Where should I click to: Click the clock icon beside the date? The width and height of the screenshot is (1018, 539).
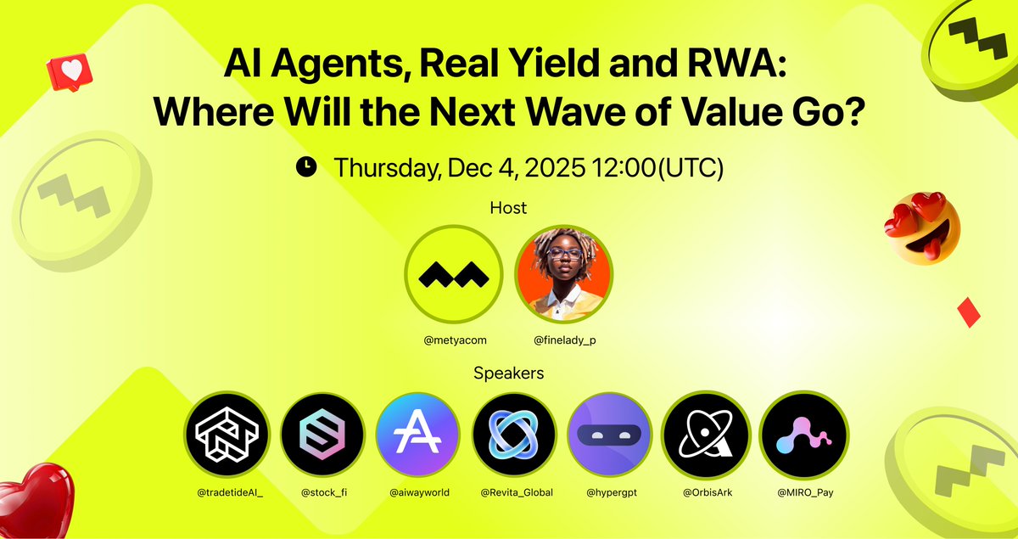(306, 167)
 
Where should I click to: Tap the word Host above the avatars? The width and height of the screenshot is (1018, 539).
(508, 207)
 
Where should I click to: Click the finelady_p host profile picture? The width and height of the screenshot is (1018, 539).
(564, 272)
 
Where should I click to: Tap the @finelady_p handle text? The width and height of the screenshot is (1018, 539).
(564, 340)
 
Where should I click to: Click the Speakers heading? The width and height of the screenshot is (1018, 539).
(508, 373)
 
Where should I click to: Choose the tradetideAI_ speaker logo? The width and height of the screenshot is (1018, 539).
(226, 434)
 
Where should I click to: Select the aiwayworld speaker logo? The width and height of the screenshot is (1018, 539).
(417, 434)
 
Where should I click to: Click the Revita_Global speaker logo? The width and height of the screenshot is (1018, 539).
(514, 434)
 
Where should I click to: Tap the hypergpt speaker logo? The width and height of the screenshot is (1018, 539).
(609, 434)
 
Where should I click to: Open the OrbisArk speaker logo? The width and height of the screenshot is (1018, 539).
(704, 434)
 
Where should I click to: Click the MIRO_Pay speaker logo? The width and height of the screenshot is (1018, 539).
(801, 434)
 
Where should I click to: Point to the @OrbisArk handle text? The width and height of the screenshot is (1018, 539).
(704, 491)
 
